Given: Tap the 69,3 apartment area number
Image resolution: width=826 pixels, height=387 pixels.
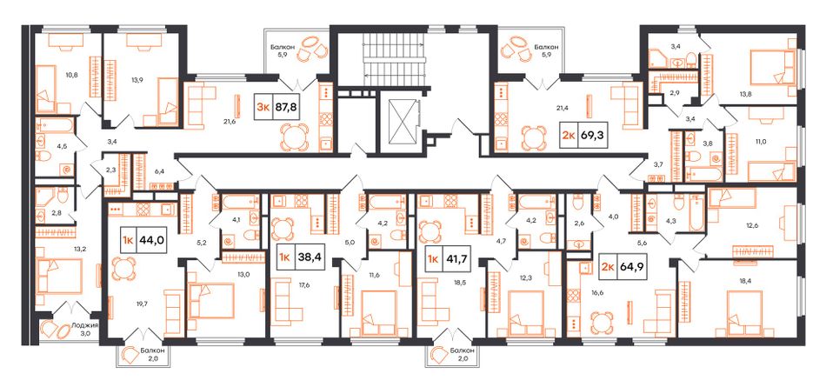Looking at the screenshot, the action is pos(590,135).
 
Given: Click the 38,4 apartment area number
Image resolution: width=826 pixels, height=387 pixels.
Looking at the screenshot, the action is pos(308,258).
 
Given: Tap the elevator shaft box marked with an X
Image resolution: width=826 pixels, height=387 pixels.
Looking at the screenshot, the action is pos(402,120).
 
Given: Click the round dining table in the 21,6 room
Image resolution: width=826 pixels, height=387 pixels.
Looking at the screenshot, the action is pos(294,137).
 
